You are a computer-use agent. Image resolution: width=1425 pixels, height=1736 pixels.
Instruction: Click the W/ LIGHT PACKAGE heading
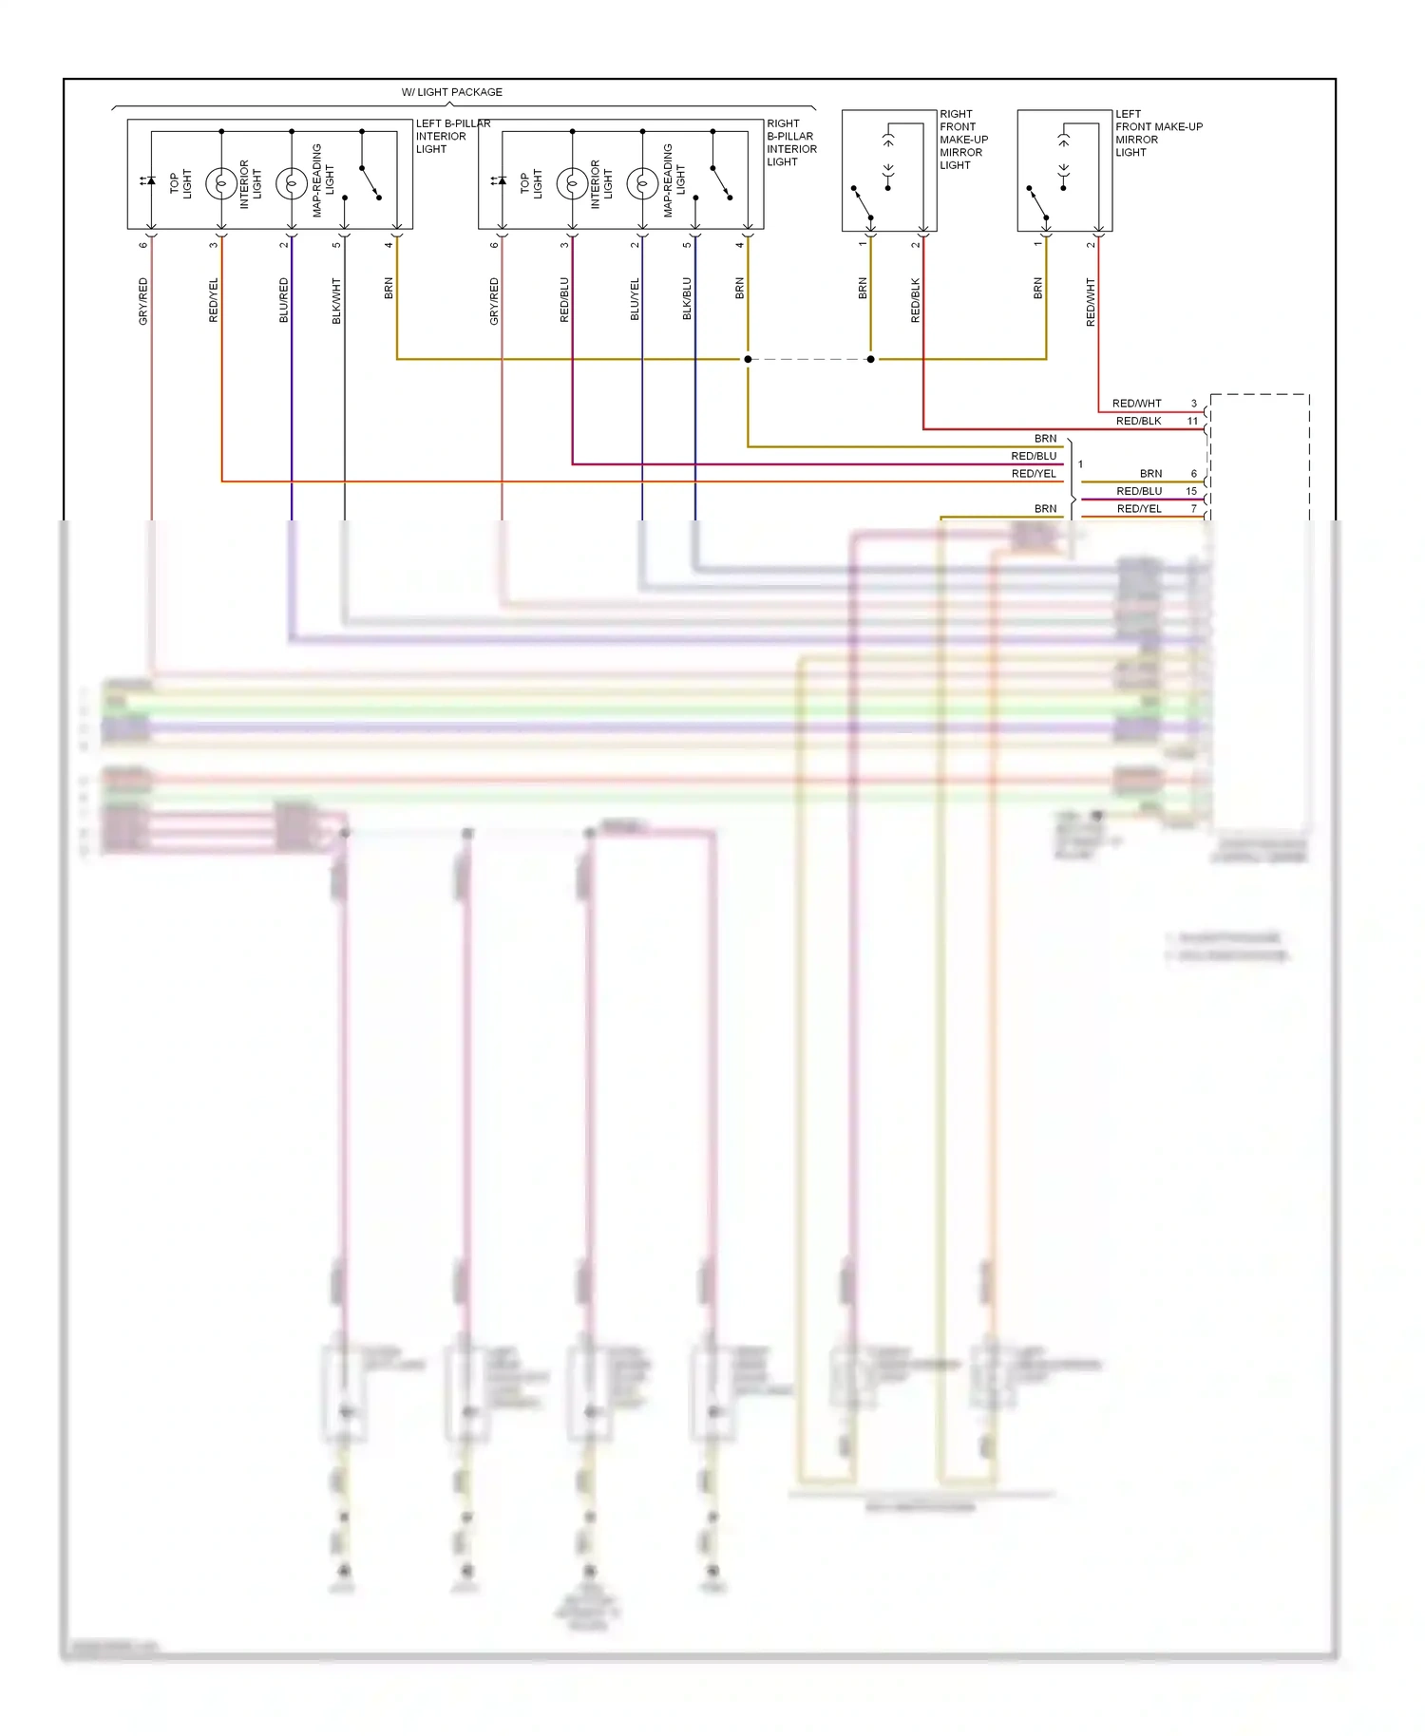(x=451, y=92)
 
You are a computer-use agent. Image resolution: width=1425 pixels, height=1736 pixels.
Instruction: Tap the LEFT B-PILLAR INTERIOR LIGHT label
(x=452, y=136)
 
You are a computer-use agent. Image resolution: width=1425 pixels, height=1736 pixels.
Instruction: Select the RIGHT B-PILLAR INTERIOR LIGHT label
(x=791, y=142)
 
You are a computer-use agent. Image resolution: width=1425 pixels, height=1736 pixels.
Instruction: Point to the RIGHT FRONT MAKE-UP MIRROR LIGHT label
(x=963, y=140)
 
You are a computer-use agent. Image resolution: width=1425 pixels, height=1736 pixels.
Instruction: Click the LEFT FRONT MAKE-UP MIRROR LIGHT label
(x=1158, y=133)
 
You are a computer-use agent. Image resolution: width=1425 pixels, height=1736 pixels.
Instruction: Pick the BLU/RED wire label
(x=283, y=300)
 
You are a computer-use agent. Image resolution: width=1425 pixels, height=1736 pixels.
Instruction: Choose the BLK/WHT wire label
(x=336, y=300)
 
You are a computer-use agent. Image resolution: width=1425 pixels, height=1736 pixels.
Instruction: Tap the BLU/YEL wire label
(x=635, y=299)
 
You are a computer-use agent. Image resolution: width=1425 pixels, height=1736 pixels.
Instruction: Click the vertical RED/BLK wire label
(x=916, y=300)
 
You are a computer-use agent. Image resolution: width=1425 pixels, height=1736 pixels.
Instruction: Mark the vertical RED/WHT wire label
(x=1091, y=302)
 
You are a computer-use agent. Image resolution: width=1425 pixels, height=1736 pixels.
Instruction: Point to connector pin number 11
(x=1192, y=421)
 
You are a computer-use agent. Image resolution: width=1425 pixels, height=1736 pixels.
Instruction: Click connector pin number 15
(x=1191, y=491)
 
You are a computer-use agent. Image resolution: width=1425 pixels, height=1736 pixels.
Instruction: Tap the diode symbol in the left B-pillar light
(x=149, y=180)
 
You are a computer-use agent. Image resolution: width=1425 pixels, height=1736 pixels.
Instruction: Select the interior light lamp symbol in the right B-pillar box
(x=572, y=183)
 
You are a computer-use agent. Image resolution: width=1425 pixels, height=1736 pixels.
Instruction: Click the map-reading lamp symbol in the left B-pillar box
(x=291, y=183)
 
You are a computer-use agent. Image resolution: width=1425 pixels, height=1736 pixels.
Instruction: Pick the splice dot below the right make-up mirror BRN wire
(x=871, y=359)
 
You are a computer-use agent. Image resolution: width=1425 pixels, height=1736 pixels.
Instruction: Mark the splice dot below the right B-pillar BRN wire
(x=748, y=359)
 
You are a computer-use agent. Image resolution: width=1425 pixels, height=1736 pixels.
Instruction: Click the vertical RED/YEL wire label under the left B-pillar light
(x=214, y=300)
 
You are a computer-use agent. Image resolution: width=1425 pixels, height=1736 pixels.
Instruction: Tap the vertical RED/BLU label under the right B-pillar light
(x=564, y=300)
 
